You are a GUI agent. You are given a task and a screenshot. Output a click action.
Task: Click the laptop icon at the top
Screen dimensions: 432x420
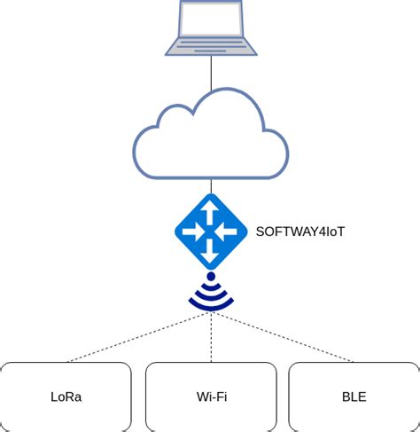click(211, 28)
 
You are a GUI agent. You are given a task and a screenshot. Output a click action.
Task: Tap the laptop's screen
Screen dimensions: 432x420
click(211, 20)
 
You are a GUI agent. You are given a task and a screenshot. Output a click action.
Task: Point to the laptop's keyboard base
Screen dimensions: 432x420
click(211, 46)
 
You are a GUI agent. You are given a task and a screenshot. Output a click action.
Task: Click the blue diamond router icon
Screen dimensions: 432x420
click(211, 232)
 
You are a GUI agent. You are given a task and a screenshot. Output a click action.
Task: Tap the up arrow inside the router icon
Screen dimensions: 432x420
click(211, 211)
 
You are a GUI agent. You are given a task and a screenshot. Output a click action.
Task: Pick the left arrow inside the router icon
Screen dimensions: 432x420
click(191, 232)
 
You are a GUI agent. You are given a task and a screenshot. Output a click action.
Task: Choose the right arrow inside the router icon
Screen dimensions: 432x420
click(230, 232)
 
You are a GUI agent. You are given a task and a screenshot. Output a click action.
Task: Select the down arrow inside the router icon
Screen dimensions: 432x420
click(211, 253)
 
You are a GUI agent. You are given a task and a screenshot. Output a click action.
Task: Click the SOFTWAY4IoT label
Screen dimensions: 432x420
click(299, 232)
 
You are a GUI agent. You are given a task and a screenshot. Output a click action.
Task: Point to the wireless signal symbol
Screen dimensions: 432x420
click(211, 295)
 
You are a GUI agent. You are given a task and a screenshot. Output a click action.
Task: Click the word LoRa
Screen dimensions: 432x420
click(66, 397)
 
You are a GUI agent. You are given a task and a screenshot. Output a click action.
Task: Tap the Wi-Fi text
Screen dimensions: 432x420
click(211, 397)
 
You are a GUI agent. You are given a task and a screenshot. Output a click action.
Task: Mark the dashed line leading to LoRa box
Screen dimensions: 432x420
click(137, 337)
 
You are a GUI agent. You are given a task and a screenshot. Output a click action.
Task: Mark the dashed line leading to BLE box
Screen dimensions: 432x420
click(284, 337)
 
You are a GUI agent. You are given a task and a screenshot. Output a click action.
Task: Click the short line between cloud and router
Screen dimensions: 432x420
click(211, 185)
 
